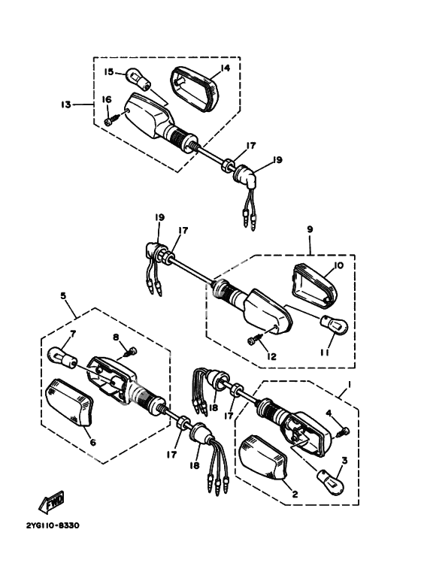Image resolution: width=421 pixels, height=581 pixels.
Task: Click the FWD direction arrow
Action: tap(51, 502)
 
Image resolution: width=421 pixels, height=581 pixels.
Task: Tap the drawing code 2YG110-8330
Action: tap(53, 525)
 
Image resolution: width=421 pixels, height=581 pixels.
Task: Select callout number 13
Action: tap(66, 104)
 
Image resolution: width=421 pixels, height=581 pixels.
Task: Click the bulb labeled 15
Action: tap(138, 79)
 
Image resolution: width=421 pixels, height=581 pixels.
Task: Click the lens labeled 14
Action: tap(195, 89)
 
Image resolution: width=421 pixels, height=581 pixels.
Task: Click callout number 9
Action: tap(310, 229)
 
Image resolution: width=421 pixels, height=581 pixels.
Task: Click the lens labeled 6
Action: tap(68, 402)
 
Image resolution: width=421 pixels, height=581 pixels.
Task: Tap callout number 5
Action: tap(63, 295)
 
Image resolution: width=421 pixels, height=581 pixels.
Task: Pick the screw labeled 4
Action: tap(343, 431)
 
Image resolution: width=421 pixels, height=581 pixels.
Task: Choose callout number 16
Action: tap(107, 99)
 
